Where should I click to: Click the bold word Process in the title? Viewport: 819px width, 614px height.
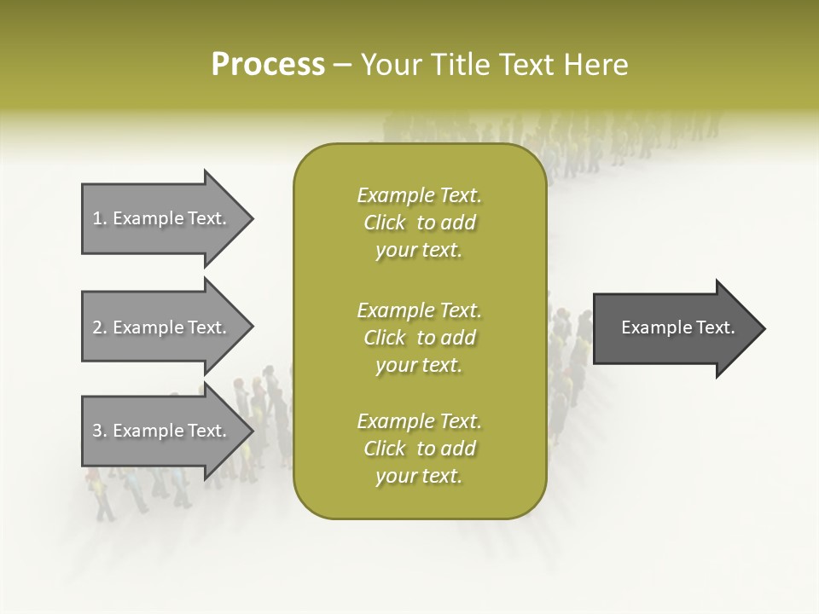click(x=268, y=65)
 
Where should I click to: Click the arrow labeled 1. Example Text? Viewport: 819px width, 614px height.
click(x=162, y=218)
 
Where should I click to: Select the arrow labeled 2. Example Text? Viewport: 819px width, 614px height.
click(x=162, y=327)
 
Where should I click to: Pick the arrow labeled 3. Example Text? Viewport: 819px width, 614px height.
click(x=162, y=431)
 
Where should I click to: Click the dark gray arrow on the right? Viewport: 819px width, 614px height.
click(x=674, y=328)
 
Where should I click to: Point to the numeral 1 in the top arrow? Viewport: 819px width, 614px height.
click(x=97, y=218)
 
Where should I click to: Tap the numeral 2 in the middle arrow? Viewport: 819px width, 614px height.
click(x=97, y=327)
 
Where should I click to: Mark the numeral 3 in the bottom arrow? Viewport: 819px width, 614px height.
click(x=97, y=431)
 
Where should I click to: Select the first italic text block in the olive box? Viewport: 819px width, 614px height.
click(x=419, y=223)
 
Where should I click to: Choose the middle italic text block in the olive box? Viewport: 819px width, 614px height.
click(x=419, y=338)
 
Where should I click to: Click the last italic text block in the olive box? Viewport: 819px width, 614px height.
click(x=419, y=449)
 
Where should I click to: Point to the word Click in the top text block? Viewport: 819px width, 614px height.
click(x=385, y=223)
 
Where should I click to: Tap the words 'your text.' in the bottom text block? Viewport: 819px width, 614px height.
click(x=419, y=477)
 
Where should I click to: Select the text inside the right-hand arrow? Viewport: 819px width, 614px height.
click(x=678, y=327)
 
